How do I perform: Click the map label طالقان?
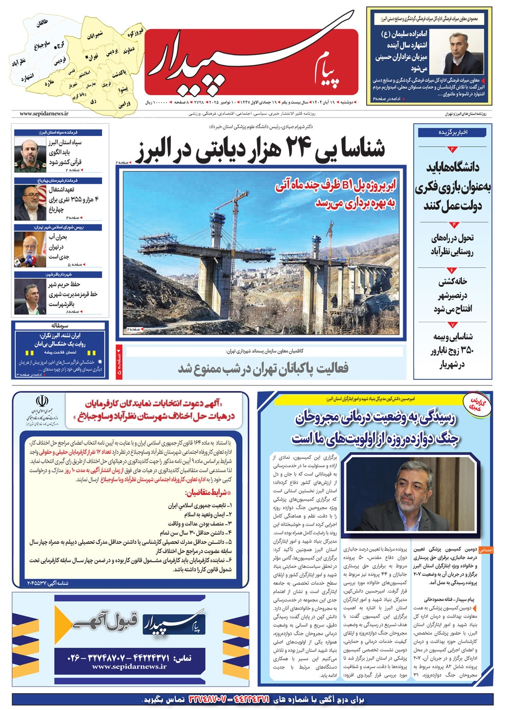(x=42, y=24)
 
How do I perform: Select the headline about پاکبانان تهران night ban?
(x=263, y=368)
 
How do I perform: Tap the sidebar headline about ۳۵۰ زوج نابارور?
(x=453, y=350)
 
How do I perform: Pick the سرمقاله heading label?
(x=60, y=326)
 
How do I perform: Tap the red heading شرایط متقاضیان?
(x=205, y=493)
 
